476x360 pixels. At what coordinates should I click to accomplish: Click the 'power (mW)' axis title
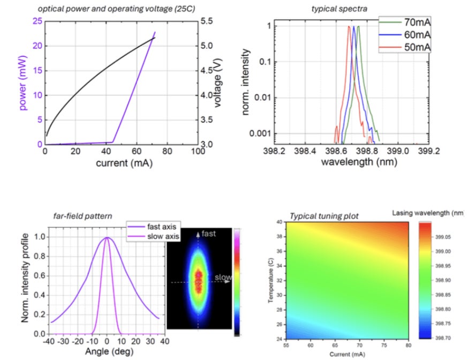(x=24, y=80)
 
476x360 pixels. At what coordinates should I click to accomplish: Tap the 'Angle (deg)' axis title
(x=107, y=352)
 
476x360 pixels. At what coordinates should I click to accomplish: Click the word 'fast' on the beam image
(x=209, y=234)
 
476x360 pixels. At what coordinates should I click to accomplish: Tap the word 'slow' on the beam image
(x=223, y=277)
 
